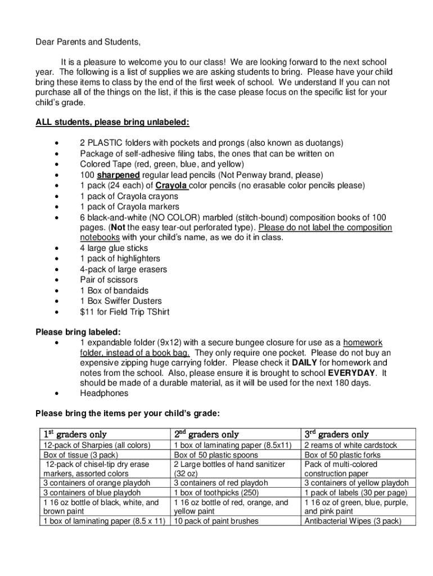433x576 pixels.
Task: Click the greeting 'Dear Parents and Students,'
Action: tap(88, 42)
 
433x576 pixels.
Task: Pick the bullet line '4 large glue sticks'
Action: tap(114, 248)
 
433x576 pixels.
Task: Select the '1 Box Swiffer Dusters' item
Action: tap(121, 301)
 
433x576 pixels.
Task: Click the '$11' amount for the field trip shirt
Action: tap(88, 312)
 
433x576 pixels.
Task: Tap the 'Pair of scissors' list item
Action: tap(109, 280)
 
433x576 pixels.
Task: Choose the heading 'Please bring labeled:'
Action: tap(78, 332)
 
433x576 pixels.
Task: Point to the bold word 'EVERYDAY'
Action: tap(352, 373)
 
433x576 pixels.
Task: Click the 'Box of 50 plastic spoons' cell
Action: tap(216, 454)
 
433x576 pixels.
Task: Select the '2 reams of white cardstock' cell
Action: tap(350, 445)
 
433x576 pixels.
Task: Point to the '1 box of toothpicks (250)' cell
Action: tap(216, 493)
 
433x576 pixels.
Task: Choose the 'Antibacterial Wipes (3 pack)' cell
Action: tap(353, 521)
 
